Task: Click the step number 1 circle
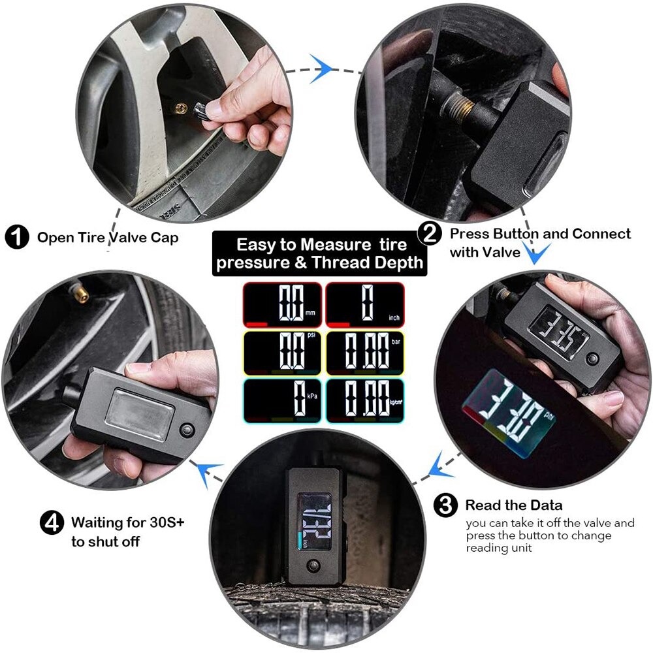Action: pos(17,236)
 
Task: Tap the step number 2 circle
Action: pos(430,234)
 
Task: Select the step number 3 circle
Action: pos(445,505)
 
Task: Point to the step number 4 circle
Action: pos(52,522)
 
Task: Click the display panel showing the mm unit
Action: pos(283,304)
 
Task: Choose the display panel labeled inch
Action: pos(365,304)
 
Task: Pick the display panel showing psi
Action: pos(283,353)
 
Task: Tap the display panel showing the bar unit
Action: pos(365,353)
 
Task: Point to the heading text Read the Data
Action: pos(513,505)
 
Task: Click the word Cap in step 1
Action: pos(166,238)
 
